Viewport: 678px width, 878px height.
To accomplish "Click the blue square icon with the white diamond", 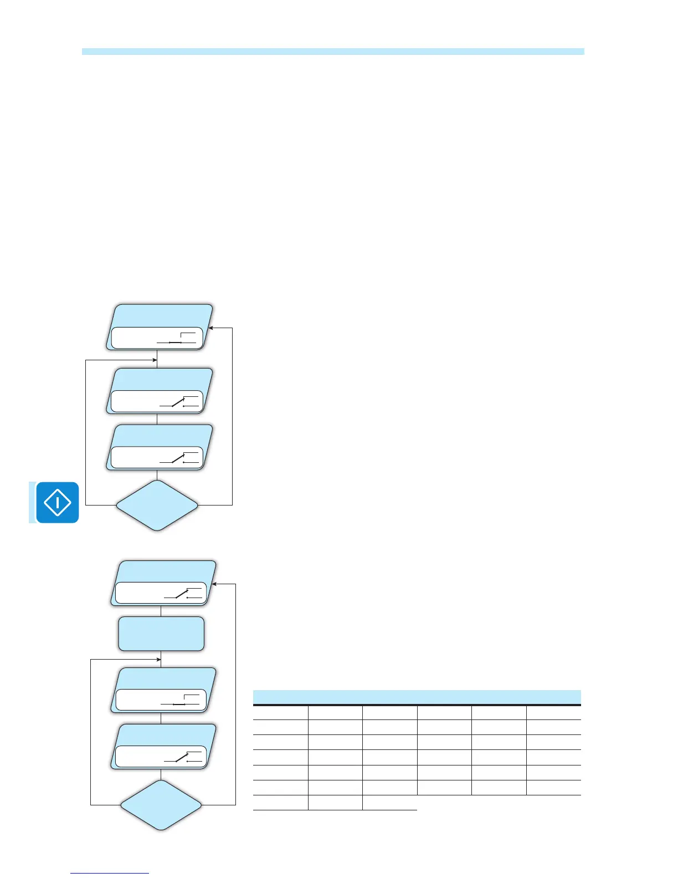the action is pyautogui.click(x=57, y=503).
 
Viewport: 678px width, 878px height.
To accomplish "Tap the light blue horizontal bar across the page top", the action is pyautogui.click(x=333, y=52).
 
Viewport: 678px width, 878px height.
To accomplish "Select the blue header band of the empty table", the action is pyautogui.click(x=417, y=697).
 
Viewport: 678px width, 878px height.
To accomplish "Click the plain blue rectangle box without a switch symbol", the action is pyautogui.click(x=161, y=634).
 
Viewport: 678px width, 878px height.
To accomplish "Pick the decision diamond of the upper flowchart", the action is pyautogui.click(x=157, y=505).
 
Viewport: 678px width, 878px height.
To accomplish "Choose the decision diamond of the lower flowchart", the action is pyautogui.click(x=161, y=805).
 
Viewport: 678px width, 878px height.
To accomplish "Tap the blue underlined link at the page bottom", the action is pyautogui.click(x=110, y=873).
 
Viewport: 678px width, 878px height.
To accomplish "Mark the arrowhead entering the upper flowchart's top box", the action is pyautogui.click(x=211, y=328).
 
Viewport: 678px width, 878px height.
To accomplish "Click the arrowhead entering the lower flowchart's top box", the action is pyautogui.click(x=215, y=584).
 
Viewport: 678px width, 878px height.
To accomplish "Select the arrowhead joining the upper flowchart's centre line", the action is pyautogui.click(x=155, y=360).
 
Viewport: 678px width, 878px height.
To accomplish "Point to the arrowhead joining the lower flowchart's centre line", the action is pyautogui.click(x=158, y=660).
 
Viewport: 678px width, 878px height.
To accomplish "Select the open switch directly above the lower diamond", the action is pyautogui.click(x=183, y=758).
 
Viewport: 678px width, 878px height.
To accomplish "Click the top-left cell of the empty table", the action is pyautogui.click(x=280, y=712).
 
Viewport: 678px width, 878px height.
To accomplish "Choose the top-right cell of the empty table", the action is pyautogui.click(x=553, y=712).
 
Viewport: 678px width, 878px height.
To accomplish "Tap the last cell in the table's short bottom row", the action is pyautogui.click(x=389, y=803).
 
